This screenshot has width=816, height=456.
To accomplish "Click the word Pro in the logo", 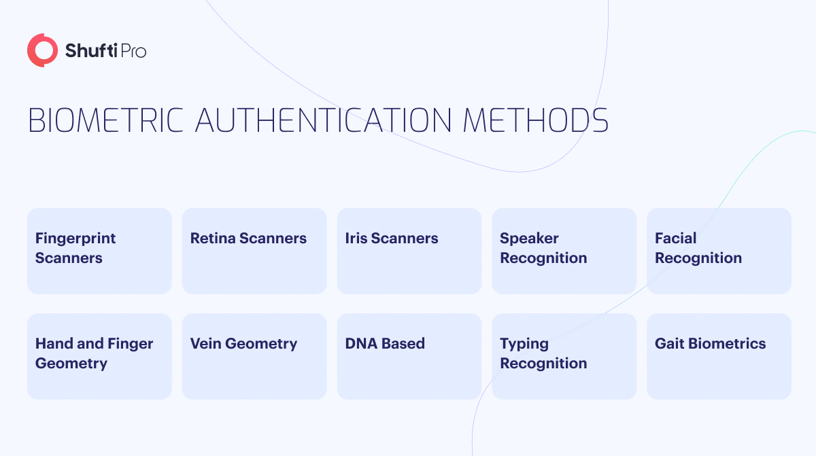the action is click(x=133, y=51).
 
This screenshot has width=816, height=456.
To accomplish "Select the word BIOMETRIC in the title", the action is click(x=105, y=120).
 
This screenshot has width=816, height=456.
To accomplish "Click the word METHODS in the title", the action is click(x=536, y=120).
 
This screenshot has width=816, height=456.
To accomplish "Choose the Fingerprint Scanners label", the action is click(x=75, y=248).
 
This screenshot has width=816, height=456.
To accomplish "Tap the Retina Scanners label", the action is click(x=248, y=238).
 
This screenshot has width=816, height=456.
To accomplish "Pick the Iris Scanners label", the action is click(x=392, y=238).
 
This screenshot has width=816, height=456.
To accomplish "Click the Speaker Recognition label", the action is click(x=543, y=248).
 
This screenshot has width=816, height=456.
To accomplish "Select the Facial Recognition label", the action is click(x=698, y=248).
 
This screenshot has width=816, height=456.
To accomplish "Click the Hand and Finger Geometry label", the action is click(x=94, y=353).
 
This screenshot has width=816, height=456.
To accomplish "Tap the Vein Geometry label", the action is click(x=243, y=344).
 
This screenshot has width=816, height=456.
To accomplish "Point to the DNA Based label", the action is click(x=385, y=344).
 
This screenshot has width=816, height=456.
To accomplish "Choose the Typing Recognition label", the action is click(x=543, y=353).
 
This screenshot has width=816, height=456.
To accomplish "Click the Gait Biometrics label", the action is click(x=711, y=344).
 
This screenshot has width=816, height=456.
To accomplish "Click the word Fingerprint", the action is click(x=75, y=239).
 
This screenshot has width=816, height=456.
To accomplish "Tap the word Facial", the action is click(x=676, y=238).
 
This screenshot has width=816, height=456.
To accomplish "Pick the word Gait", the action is click(x=670, y=344).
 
